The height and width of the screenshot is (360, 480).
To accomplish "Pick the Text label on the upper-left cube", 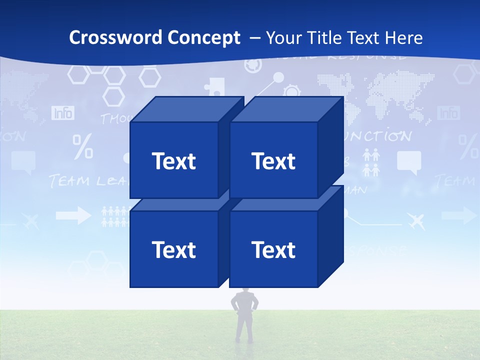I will tap(174, 161).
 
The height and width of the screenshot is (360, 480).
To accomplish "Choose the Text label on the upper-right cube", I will tap(273, 161).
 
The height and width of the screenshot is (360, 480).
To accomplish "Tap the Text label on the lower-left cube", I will tap(174, 249).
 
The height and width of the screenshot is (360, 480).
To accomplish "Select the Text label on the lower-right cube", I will tap(273, 249).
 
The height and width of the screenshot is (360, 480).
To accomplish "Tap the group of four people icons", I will tap(371, 163).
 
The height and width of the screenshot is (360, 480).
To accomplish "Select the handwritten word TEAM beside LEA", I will tap(69, 181).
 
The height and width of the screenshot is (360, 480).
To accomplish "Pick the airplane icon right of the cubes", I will tap(416, 220).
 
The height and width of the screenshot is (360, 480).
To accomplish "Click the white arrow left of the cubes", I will tap(73, 216).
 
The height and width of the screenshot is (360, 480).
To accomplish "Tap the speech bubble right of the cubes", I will tap(409, 162).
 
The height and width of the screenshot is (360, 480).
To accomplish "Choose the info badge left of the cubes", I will tap(63, 113).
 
